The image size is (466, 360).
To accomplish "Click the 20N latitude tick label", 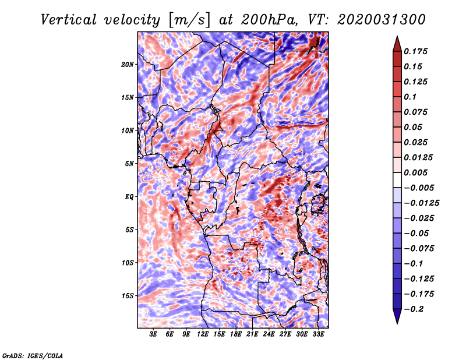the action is (x=127, y=65).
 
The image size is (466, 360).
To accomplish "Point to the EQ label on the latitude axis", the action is (x=129, y=197).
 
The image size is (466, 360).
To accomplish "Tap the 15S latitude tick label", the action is (x=127, y=296).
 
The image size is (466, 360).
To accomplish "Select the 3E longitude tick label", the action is (x=153, y=334).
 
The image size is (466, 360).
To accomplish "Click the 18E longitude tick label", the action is (x=236, y=334).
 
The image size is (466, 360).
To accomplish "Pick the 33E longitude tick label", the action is (x=318, y=334).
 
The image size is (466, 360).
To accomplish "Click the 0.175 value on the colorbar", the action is (x=415, y=51).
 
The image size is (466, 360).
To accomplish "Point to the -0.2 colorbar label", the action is (x=414, y=309).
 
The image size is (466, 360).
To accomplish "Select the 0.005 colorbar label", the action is (x=415, y=172).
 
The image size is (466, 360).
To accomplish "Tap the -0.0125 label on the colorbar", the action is (x=421, y=203).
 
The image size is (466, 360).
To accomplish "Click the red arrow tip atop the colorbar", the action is (x=397, y=36).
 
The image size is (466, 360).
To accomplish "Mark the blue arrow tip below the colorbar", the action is (x=397, y=323).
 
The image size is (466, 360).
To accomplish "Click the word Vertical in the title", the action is (x=69, y=20).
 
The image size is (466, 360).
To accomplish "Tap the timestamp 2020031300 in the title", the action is (x=382, y=20).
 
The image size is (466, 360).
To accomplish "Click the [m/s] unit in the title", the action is (x=189, y=20).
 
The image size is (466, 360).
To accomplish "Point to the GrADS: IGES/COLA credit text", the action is (x=33, y=356).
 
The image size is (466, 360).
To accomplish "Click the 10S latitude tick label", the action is (x=127, y=263).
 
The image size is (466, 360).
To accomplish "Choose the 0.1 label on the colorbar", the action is (x=410, y=97).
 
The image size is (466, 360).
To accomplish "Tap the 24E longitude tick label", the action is (x=269, y=334).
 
